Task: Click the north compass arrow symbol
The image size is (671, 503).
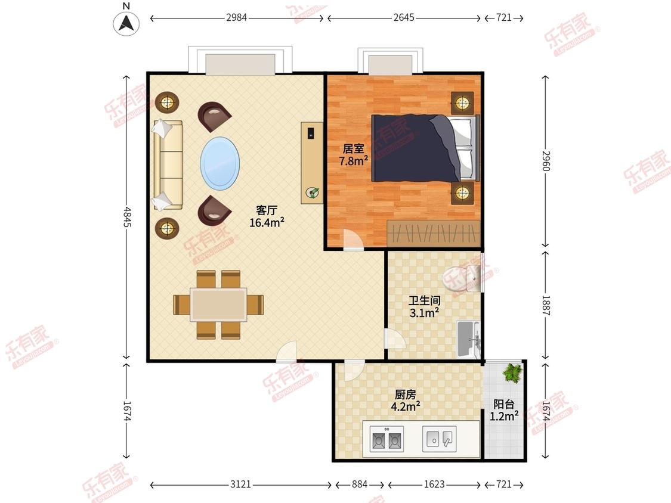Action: click(x=126, y=23)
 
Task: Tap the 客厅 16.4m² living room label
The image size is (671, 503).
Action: click(x=267, y=216)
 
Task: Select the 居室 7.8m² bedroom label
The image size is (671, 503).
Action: click(x=354, y=155)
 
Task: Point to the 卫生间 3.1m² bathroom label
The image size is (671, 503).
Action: click(x=424, y=307)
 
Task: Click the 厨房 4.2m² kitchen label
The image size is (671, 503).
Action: click(x=405, y=400)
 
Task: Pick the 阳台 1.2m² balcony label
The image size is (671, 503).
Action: click(x=504, y=410)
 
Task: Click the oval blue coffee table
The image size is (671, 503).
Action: click(x=220, y=163)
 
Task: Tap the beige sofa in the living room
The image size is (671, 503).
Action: click(x=168, y=164)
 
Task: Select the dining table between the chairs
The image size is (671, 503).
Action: click(x=219, y=305)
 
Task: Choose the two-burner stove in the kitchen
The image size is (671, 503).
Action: click(x=387, y=439)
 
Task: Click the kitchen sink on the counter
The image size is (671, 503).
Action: click(x=439, y=439)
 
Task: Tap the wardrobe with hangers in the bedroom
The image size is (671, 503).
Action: click(x=434, y=233)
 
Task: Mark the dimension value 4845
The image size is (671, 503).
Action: click(x=127, y=218)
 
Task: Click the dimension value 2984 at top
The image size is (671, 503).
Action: click(x=237, y=17)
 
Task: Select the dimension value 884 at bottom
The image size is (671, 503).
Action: click(x=360, y=484)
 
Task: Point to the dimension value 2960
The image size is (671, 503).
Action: click(x=546, y=161)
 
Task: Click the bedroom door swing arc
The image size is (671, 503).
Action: click(x=354, y=240)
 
